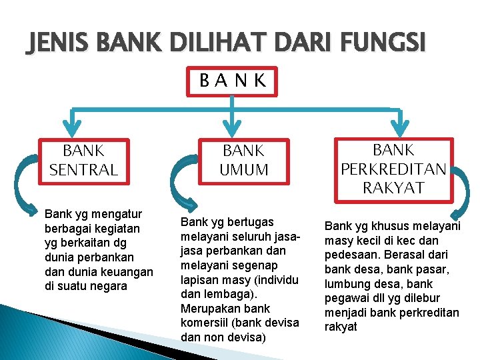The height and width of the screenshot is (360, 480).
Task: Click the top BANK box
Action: [x=233, y=81]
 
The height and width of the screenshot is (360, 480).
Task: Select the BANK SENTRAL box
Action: [x=84, y=161]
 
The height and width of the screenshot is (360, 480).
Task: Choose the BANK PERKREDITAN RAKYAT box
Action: [x=393, y=169]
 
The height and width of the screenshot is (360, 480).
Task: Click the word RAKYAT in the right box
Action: [x=393, y=187]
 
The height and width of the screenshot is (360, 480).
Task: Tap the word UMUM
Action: [x=245, y=170]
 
